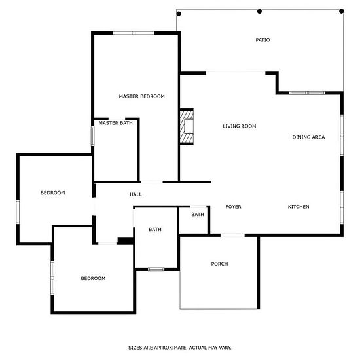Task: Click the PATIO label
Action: click(262, 40)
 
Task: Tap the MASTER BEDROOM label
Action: click(141, 96)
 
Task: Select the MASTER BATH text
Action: click(115, 123)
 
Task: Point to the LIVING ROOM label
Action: click(240, 126)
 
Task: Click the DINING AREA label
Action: click(308, 137)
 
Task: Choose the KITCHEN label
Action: click(298, 207)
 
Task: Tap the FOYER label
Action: click(233, 207)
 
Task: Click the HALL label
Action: click(135, 194)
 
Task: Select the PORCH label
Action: click(219, 264)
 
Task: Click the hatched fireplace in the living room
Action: click(187, 126)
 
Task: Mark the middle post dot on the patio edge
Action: click(259, 12)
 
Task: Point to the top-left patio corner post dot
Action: click(179, 14)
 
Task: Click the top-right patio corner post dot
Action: click(342, 11)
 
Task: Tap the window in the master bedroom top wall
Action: click(134, 33)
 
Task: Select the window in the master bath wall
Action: click(93, 136)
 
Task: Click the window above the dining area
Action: click(307, 93)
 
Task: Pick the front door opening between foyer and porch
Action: click(232, 235)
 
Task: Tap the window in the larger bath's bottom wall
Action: click(156, 269)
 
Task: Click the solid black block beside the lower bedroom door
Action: click(126, 240)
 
